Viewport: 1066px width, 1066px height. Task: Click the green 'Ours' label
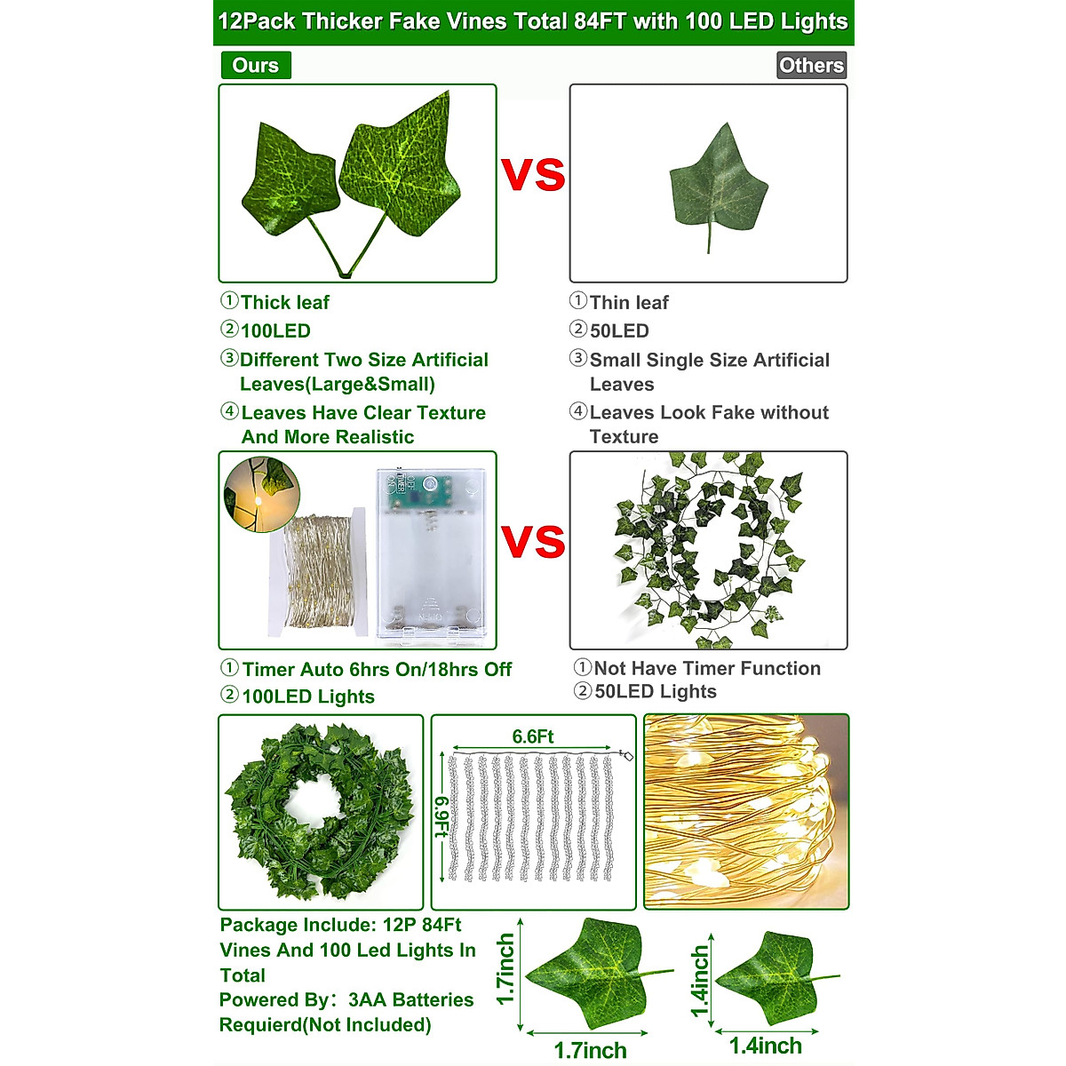point(255,65)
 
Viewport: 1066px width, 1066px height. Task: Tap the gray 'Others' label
point(811,65)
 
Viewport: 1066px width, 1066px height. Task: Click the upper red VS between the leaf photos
point(533,175)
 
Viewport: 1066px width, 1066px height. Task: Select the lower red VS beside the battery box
point(533,542)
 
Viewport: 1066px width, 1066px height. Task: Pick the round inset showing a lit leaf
point(261,495)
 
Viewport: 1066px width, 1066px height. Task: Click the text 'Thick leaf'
point(284,303)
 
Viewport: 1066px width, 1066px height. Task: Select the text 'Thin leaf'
point(629,303)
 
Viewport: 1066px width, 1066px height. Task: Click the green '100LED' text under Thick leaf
point(275,331)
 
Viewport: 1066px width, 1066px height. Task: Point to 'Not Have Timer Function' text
point(707,669)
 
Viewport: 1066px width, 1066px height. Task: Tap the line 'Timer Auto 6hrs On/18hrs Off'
point(377,670)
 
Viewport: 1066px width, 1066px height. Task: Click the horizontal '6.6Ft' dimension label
point(533,736)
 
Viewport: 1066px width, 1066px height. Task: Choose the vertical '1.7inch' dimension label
point(505,969)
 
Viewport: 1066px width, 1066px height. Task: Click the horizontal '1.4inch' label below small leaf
point(765,1046)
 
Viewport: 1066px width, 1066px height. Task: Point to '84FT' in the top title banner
point(601,21)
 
